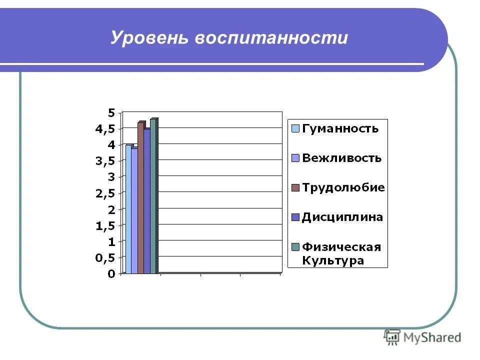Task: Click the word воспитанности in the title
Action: pyautogui.click(x=271, y=38)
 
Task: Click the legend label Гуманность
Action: pyautogui.click(x=340, y=128)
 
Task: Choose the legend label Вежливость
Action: pyautogui.click(x=342, y=158)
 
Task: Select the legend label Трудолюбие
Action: pyautogui.click(x=343, y=188)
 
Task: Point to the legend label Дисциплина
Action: pyautogui.click(x=342, y=217)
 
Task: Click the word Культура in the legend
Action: pyautogui.click(x=332, y=260)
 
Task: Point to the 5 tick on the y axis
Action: pyautogui.click(x=111, y=112)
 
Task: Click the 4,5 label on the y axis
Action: pyautogui.click(x=105, y=128)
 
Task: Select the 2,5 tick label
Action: pyautogui.click(x=105, y=193)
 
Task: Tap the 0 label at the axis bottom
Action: pyautogui.click(x=111, y=274)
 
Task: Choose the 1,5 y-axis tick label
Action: pyautogui.click(x=105, y=225)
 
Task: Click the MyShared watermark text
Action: pyautogui.click(x=432, y=338)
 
